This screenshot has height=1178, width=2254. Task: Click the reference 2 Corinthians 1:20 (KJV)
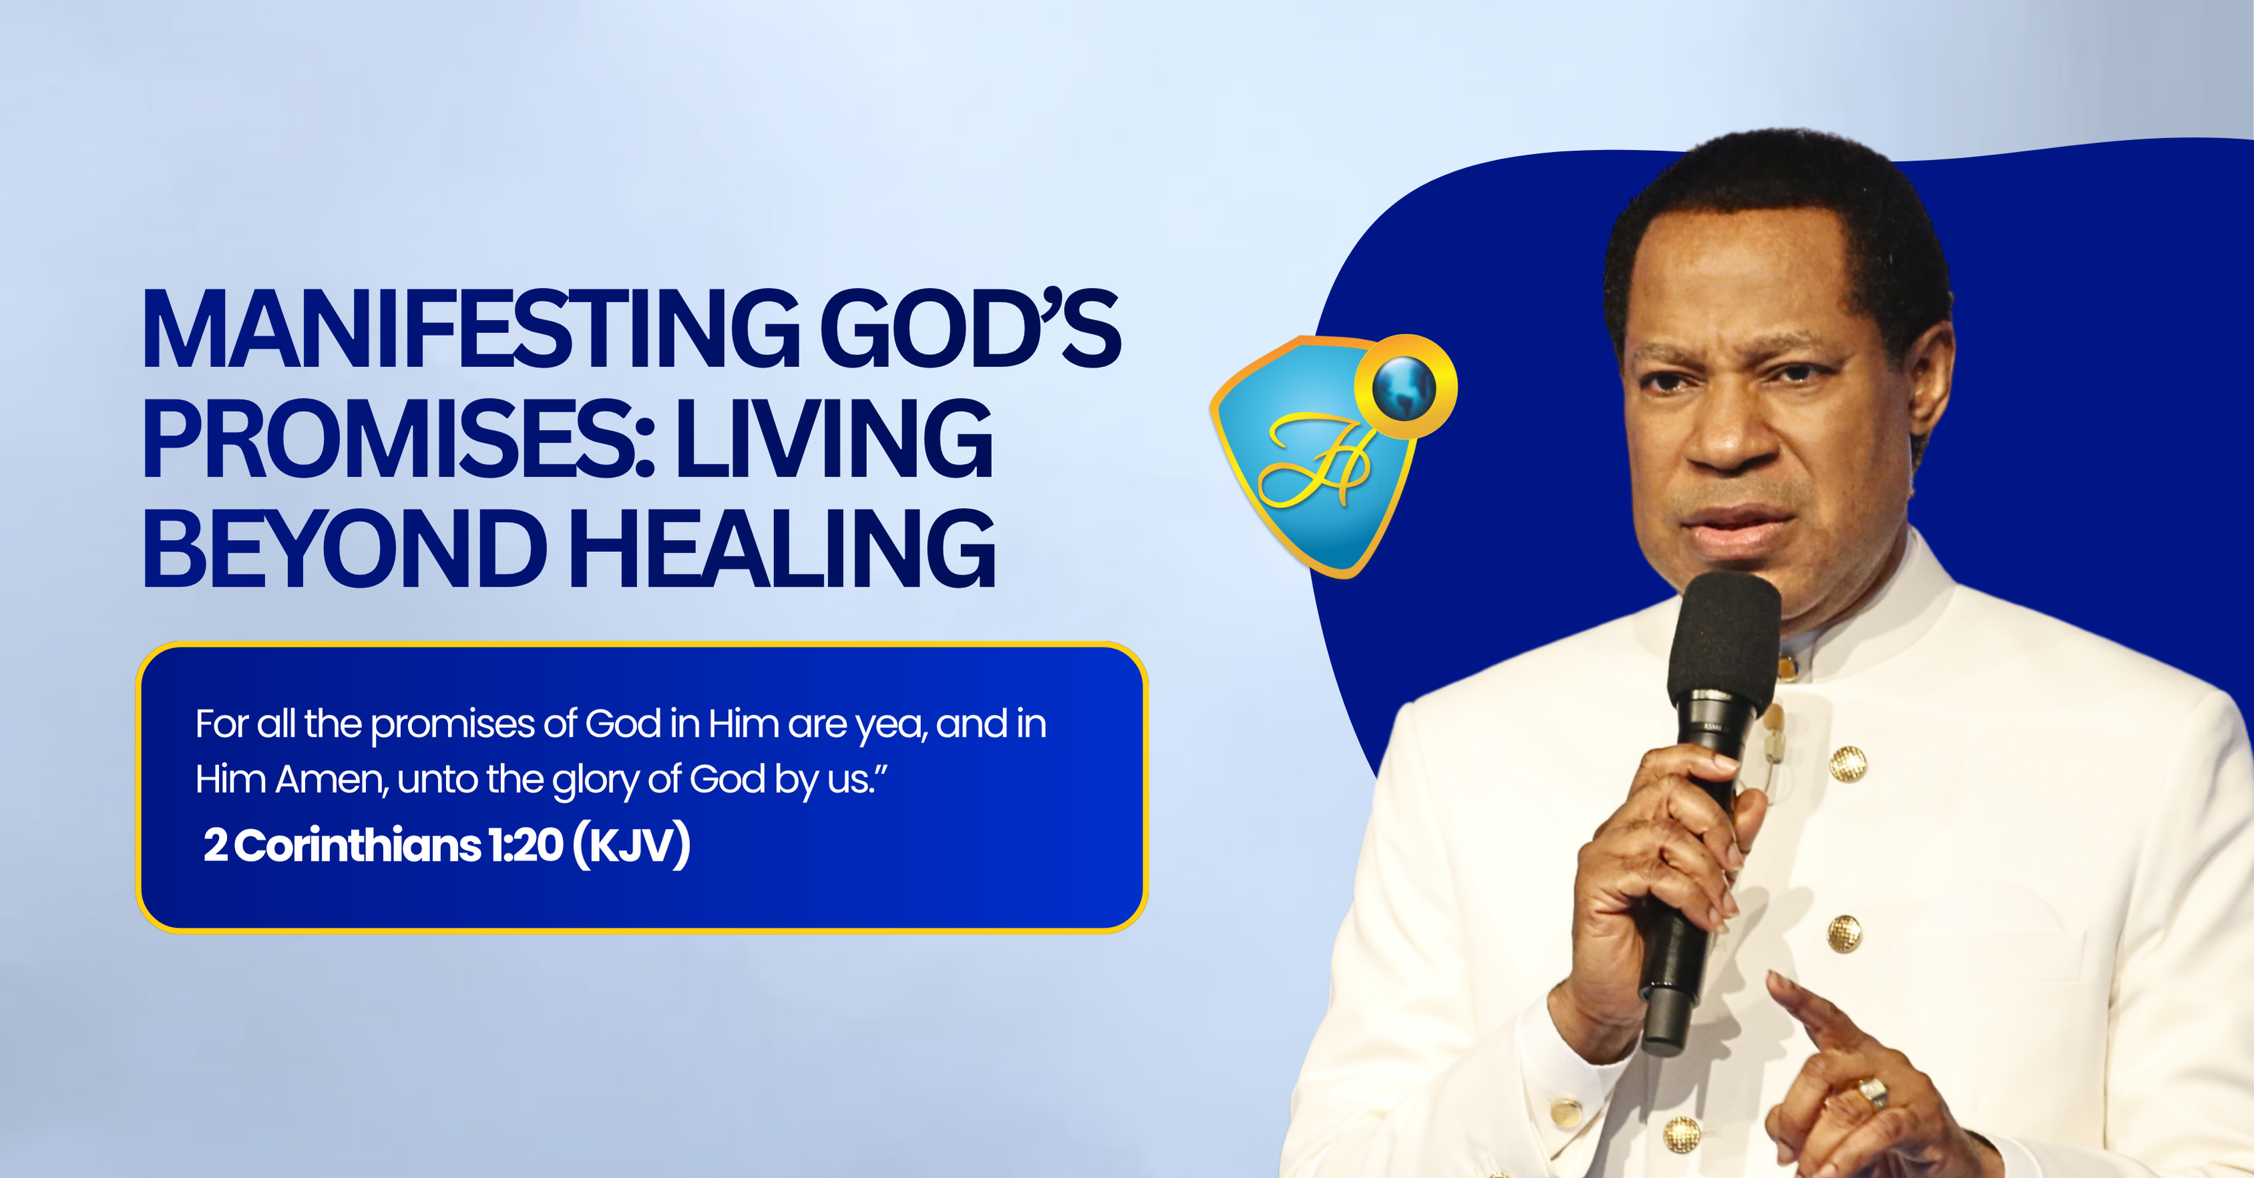(x=447, y=845)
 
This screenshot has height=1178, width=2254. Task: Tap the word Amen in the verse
(x=331, y=779)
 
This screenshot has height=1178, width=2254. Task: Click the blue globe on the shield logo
(x=1404, y=386)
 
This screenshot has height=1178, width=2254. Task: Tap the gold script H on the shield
(x=1314, y=459)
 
